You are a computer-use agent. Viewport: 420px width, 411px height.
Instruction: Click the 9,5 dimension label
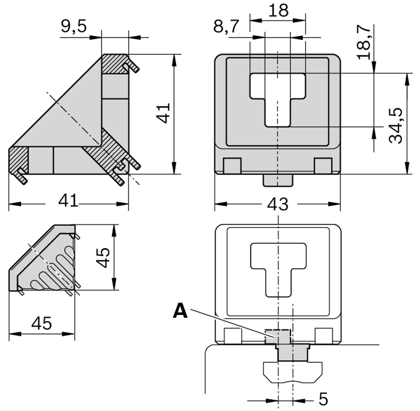click(x=74, y=27)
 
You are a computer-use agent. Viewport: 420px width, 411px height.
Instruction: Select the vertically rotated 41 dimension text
click(x=163, y=113)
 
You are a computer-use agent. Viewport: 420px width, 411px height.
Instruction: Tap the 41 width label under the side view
click(x=68, y=202)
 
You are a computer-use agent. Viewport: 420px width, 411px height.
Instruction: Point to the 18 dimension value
click(x=279, y=10)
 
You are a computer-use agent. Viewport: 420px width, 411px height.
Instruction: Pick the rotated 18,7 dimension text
click(x=365, y=42)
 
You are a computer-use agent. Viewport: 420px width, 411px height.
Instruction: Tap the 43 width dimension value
click(x=278, y=205)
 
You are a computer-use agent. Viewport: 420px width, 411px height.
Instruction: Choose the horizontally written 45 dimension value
click(x=41, y=323)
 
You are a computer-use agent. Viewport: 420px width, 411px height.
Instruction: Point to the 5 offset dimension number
click(x=323, y=399)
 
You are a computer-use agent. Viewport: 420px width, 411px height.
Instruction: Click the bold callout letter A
click(x=180, y=311)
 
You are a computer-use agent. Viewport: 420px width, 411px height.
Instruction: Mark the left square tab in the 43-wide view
click(x=232, y=166)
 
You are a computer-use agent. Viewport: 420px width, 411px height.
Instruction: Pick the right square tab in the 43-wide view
click(x=323, y=166)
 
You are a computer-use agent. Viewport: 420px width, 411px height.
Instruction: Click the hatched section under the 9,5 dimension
click(x=115, y=64)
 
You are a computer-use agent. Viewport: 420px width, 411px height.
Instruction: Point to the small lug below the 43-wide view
click(x=278, y=180)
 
